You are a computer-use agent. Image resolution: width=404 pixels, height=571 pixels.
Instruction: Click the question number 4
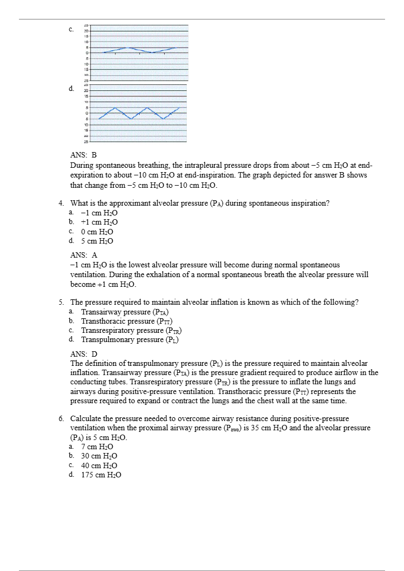click(x=61, y=204)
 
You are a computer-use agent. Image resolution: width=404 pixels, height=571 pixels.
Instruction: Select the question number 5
click(x=61, y=302)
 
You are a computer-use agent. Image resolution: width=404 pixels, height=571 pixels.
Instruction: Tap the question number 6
click(x=61, y=419)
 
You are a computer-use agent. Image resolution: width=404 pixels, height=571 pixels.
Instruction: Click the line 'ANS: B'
click(x=83, y=155)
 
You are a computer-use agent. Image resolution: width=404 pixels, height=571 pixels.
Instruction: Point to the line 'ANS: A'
click(x=84, y=255)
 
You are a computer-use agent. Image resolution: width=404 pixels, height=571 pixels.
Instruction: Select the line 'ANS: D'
click(x=84, y=354)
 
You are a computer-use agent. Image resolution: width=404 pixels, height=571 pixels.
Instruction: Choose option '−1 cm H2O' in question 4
click(x=99, y=213)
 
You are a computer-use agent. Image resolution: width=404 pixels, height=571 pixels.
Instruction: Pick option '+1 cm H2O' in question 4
click(x=99, y=222)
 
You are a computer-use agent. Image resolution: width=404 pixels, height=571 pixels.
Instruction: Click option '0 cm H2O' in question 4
click(x=97, y=232)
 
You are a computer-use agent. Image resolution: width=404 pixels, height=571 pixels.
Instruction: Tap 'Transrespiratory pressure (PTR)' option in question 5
click(x=131, y=330)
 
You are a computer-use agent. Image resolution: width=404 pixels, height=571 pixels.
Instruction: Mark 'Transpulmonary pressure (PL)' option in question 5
click(x=130, y=339)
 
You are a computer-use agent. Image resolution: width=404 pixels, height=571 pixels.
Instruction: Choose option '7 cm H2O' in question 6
click(x=97, y=447)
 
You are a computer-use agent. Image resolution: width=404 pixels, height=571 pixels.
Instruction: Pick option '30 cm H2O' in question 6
click(x=99, y=456)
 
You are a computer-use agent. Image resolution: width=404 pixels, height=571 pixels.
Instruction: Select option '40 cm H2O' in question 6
click(x=99, y=465)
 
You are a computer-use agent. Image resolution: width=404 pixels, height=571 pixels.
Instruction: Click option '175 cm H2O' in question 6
click(x=101, y=475)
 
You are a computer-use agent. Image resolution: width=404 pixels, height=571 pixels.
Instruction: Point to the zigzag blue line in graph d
click(x=139, y=113)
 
